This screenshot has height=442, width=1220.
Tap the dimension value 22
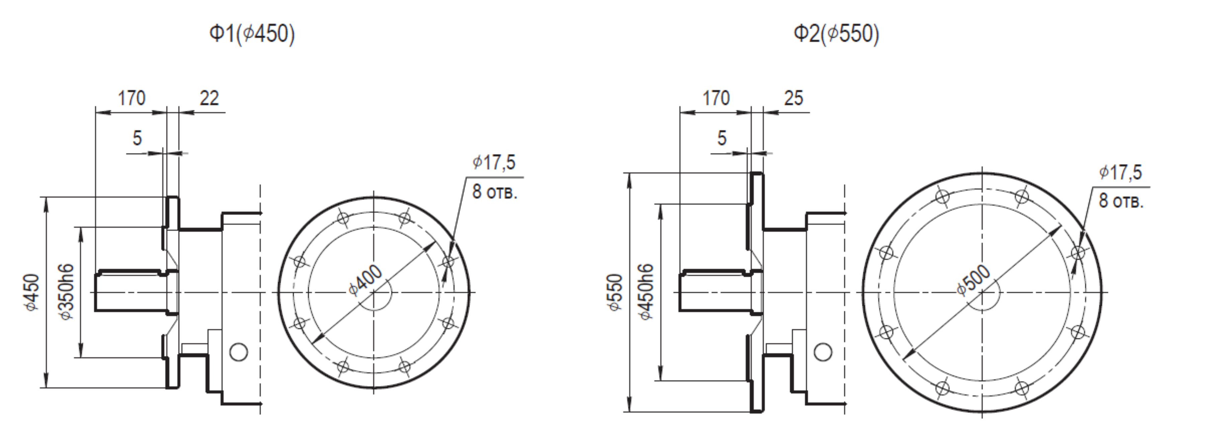[209, 98]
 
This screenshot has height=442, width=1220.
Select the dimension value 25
[794, 98]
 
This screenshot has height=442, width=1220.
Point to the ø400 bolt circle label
[365, 280]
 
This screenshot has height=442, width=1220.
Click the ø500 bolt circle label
[973, 280]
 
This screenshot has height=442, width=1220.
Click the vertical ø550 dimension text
[614, 292]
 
